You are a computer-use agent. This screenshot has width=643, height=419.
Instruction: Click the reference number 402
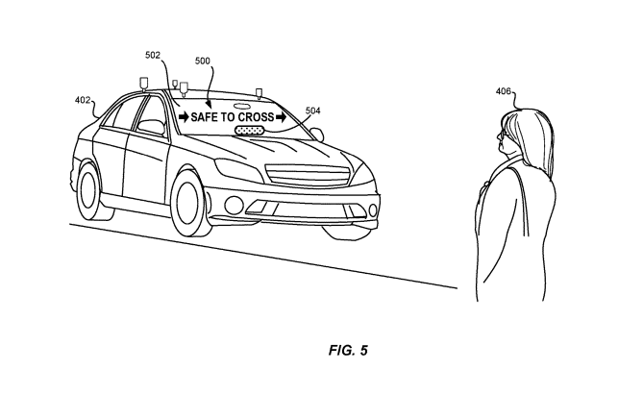pos(84,99)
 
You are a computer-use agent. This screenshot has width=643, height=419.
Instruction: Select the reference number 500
pos(203,60)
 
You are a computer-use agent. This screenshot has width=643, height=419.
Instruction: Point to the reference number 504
pos(313,111)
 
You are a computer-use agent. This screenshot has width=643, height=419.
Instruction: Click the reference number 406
pos(504,92)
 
